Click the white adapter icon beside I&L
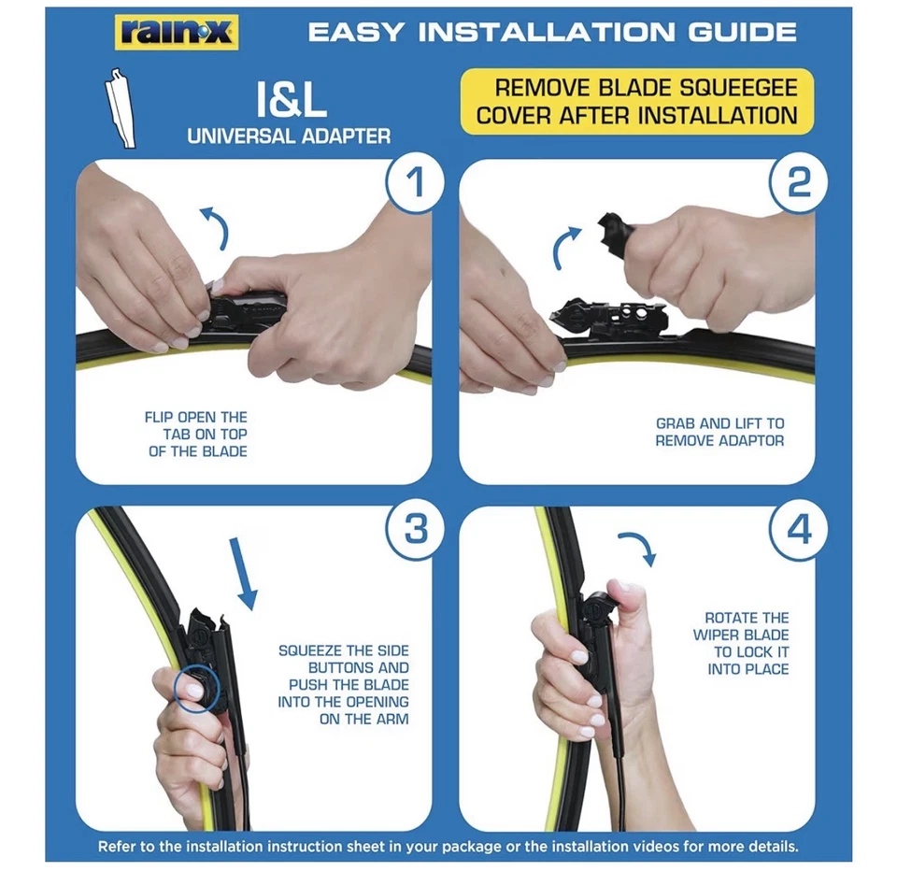coord(122,107)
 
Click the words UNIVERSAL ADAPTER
coord(289,136)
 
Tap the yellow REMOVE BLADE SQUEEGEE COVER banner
coord(636,102)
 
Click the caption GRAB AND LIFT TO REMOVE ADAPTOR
coord(719,432)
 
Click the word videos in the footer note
coord(670,847)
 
